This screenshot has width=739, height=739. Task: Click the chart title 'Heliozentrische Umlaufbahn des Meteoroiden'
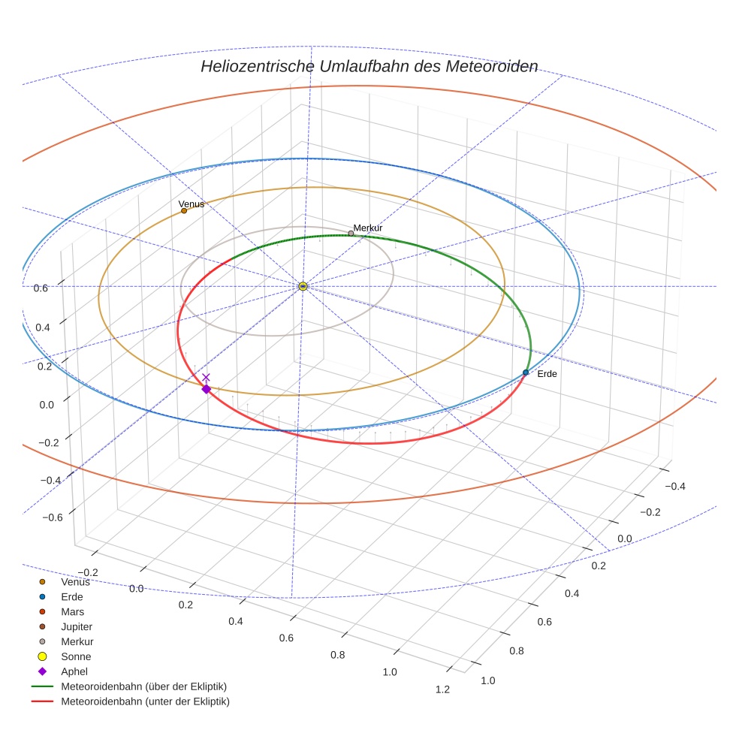pyautogui.click(x=369, y=66)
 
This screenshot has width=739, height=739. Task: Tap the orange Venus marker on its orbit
pyautogui.click(x=184, y=210)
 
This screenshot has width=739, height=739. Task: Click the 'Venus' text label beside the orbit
pyautogui.click(x=191, y=204)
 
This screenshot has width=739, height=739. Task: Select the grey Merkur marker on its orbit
pyautogui.click(x=351, y=233)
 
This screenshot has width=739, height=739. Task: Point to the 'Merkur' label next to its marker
pyautogui.click(x=368, y=228)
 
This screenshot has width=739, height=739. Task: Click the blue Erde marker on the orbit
pyautogui.click(x=526, y=373)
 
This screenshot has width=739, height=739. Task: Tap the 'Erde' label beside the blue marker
pyautogui.click(x=547, y=374)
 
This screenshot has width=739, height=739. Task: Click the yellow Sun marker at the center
pyautogui.click(x=302, y=286)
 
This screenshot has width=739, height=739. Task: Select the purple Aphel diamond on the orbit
pyautogui.click(x=207, y=389)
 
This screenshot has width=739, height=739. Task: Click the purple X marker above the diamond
pyautogui.click(x=207, y=377)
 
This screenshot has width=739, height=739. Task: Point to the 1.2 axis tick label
pyautogui.click(x=442, y=690)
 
